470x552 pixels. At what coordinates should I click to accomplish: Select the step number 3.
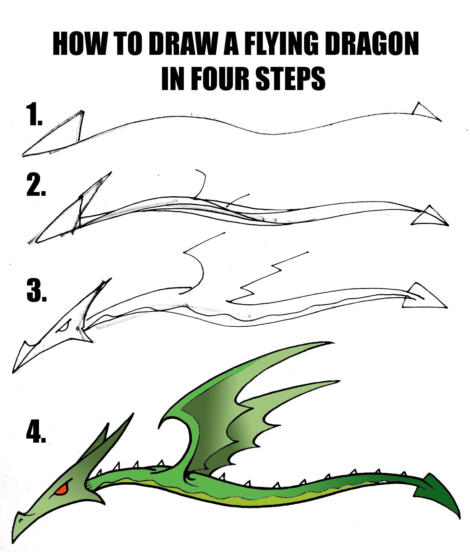tap(36, 292)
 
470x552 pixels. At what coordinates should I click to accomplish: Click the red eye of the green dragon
tap(61, 489)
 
